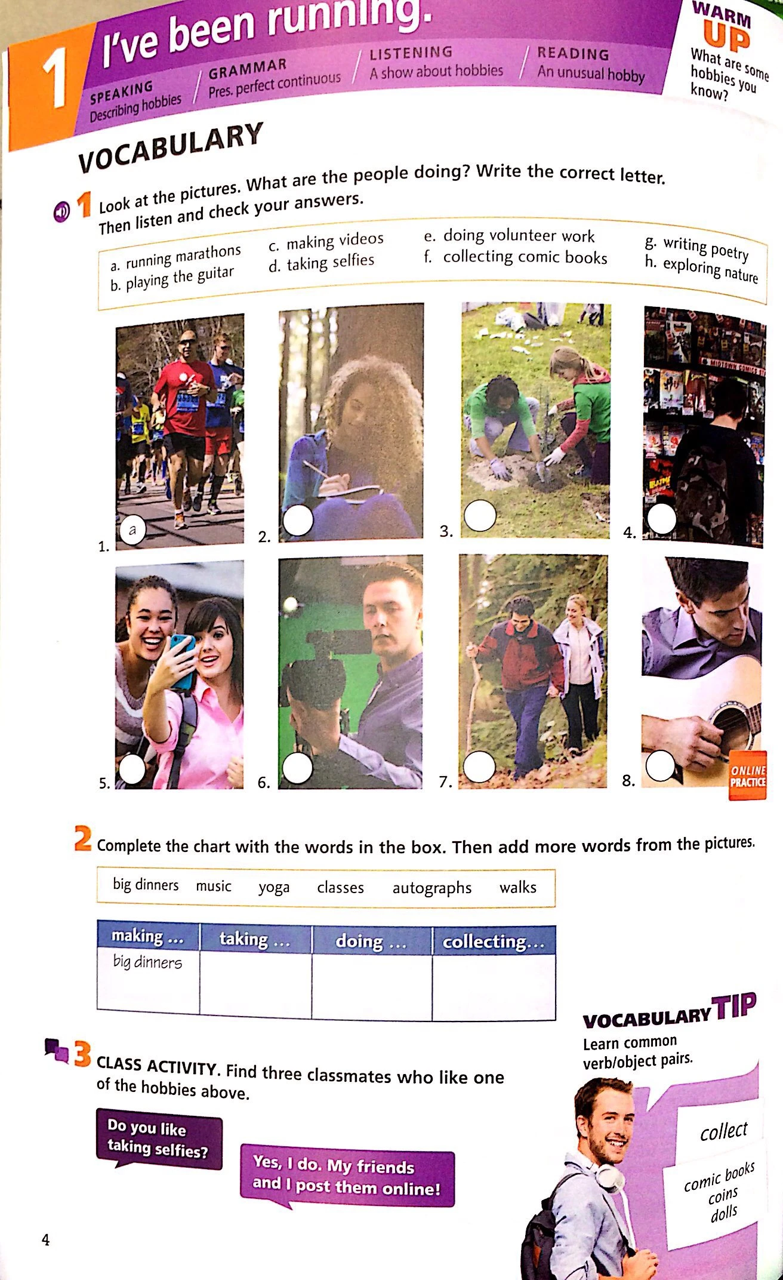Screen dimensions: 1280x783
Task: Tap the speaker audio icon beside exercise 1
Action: tap(61, 211)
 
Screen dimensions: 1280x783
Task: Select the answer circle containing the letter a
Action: tap(132, 530)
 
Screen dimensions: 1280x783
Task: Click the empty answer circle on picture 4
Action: tap(662, 519)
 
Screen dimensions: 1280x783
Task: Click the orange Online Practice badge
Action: tap(747, 776)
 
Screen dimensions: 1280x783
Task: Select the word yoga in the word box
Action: tap(274, 888)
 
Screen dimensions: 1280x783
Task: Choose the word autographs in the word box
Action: tap(431, 888)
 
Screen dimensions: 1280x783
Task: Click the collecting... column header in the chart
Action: tap(494, 941)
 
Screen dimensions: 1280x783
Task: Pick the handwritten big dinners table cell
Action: tap(147, 962)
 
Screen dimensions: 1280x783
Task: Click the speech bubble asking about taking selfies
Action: tap(158, 1139)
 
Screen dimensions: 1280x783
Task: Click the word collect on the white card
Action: tap(723, 1130)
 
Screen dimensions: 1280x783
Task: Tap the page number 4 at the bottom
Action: tap(45, 1240)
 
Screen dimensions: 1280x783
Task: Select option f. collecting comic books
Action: tap(517, 257)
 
